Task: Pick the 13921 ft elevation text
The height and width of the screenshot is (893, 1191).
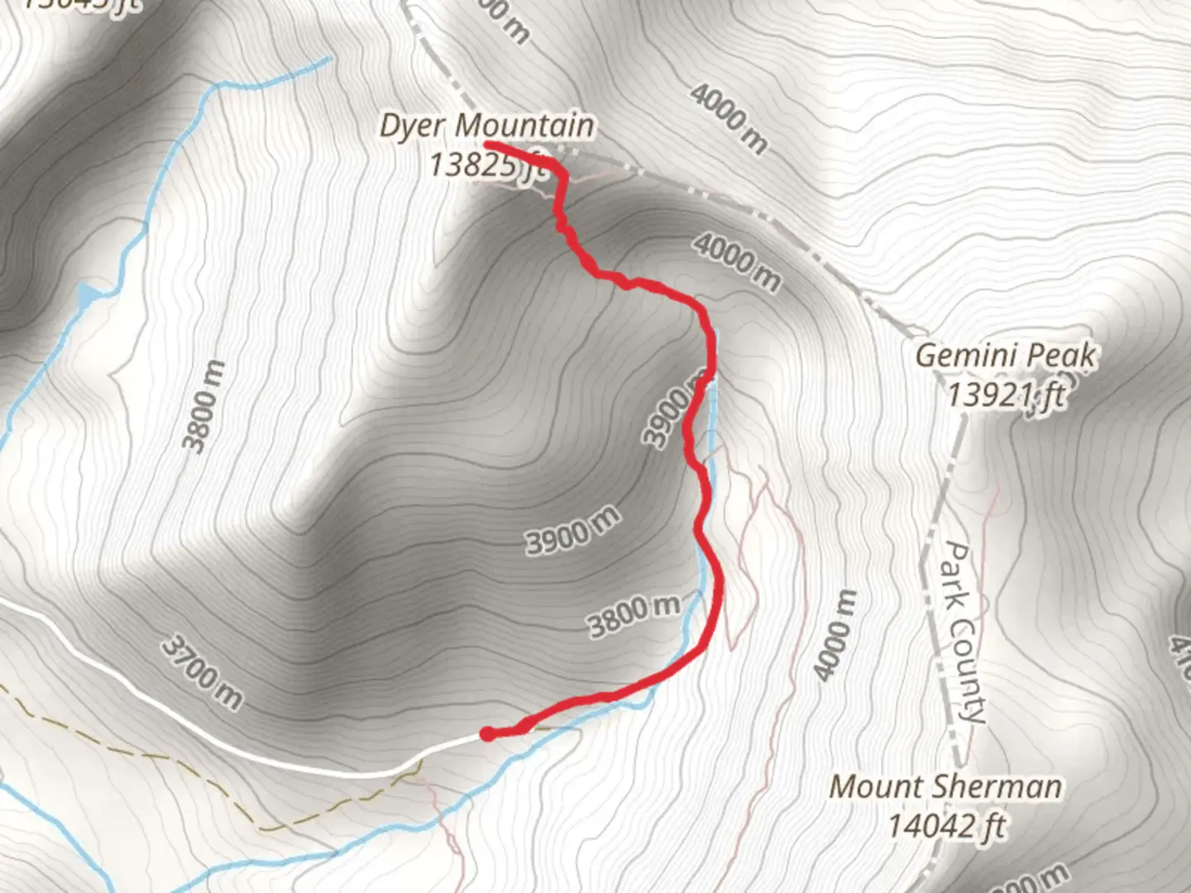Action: (1006, 395)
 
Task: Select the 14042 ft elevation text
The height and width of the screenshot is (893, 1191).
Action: (946, 825)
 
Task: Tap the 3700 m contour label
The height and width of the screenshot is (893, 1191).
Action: (202, 672)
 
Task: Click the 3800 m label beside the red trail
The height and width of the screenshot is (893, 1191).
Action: (634, 616)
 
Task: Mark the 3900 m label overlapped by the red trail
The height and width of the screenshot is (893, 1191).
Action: (671, 413)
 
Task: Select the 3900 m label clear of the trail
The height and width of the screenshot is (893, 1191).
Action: (572, 531)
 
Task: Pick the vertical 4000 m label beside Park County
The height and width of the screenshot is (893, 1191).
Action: (835, 635)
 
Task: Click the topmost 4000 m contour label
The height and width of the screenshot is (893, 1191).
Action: (729, 117)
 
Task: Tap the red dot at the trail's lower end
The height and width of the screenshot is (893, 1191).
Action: (488, 733)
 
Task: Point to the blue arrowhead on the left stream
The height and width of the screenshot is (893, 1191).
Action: (88, 296)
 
